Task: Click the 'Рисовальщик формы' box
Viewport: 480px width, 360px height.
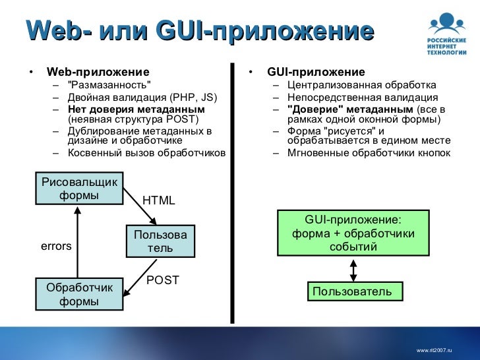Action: click(79, 189)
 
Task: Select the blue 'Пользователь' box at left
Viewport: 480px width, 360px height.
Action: click(160, 241)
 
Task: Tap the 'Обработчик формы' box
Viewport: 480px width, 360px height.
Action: click(79, 295)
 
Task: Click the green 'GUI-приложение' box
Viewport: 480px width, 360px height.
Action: click(353, 233)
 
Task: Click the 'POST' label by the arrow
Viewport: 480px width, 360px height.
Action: click(163, 280)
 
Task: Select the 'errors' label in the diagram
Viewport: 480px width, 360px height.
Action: click(56, 246)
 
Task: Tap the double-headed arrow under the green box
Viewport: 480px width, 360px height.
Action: click(353, 269)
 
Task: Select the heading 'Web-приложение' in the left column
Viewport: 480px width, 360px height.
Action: click(98, 72)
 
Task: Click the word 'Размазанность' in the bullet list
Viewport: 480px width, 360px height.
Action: click(109, 85)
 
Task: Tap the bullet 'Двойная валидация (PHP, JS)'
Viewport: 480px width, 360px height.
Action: click(142, 98)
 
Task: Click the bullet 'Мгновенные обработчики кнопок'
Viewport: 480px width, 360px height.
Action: click(369, 153)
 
